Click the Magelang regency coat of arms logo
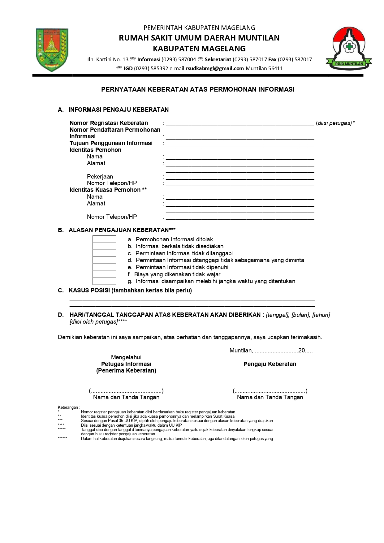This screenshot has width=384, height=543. point(52,50)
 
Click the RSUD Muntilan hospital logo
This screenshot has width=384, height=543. point(349,48)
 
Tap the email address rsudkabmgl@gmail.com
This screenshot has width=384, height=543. point(215,68)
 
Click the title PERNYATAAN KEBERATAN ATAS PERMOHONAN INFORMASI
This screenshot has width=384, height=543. point(198,89)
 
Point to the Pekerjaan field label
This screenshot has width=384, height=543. point(100,177)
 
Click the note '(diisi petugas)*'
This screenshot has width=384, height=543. point(335,123)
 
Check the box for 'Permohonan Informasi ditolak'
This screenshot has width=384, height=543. point(104,239)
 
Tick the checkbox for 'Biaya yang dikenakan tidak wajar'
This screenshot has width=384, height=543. point(104,274)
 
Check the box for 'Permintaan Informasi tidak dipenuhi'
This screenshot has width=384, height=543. point(104,267)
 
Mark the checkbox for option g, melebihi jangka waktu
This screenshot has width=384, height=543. point(104,281)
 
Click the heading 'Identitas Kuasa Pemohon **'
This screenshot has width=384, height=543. point(108,190)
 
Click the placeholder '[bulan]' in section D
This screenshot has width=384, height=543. point(300,315)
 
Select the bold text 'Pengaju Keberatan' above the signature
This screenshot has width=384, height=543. point(270,364)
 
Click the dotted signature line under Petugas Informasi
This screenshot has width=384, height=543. point(126,391)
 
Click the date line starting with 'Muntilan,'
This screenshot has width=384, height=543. point(271,351)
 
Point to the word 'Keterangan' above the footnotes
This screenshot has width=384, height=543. point(68,407)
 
